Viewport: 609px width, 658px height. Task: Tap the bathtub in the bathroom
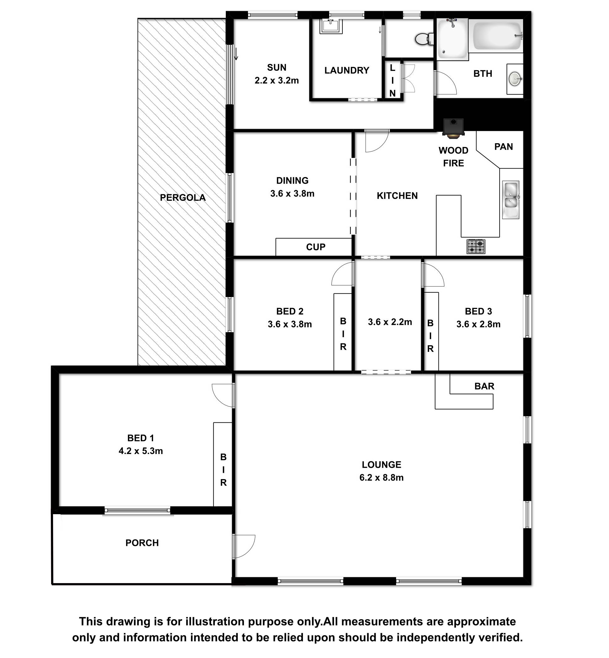point(496,36)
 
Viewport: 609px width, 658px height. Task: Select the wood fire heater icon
point(453,128)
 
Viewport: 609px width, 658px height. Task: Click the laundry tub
point(331,26)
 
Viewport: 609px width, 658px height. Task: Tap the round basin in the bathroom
point(515,79)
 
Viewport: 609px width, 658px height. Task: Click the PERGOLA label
point(183,198)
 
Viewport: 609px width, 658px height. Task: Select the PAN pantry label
point(504,147)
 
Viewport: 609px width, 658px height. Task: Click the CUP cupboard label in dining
point(316,247)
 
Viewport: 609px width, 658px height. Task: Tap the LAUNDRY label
point(347,70)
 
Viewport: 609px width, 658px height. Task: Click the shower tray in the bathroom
point(453,39)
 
